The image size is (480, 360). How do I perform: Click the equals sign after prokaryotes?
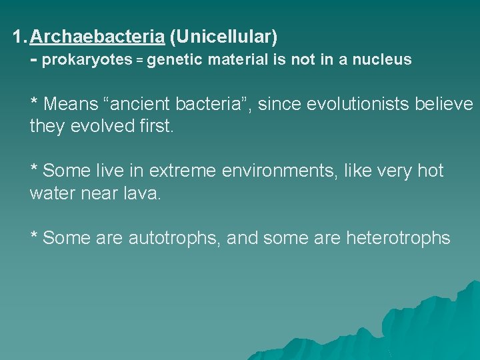[140, 60]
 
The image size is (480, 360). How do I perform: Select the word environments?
[282, 171]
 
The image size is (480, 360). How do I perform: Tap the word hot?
[430, 171]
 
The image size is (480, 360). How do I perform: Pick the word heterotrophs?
[398, 238]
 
